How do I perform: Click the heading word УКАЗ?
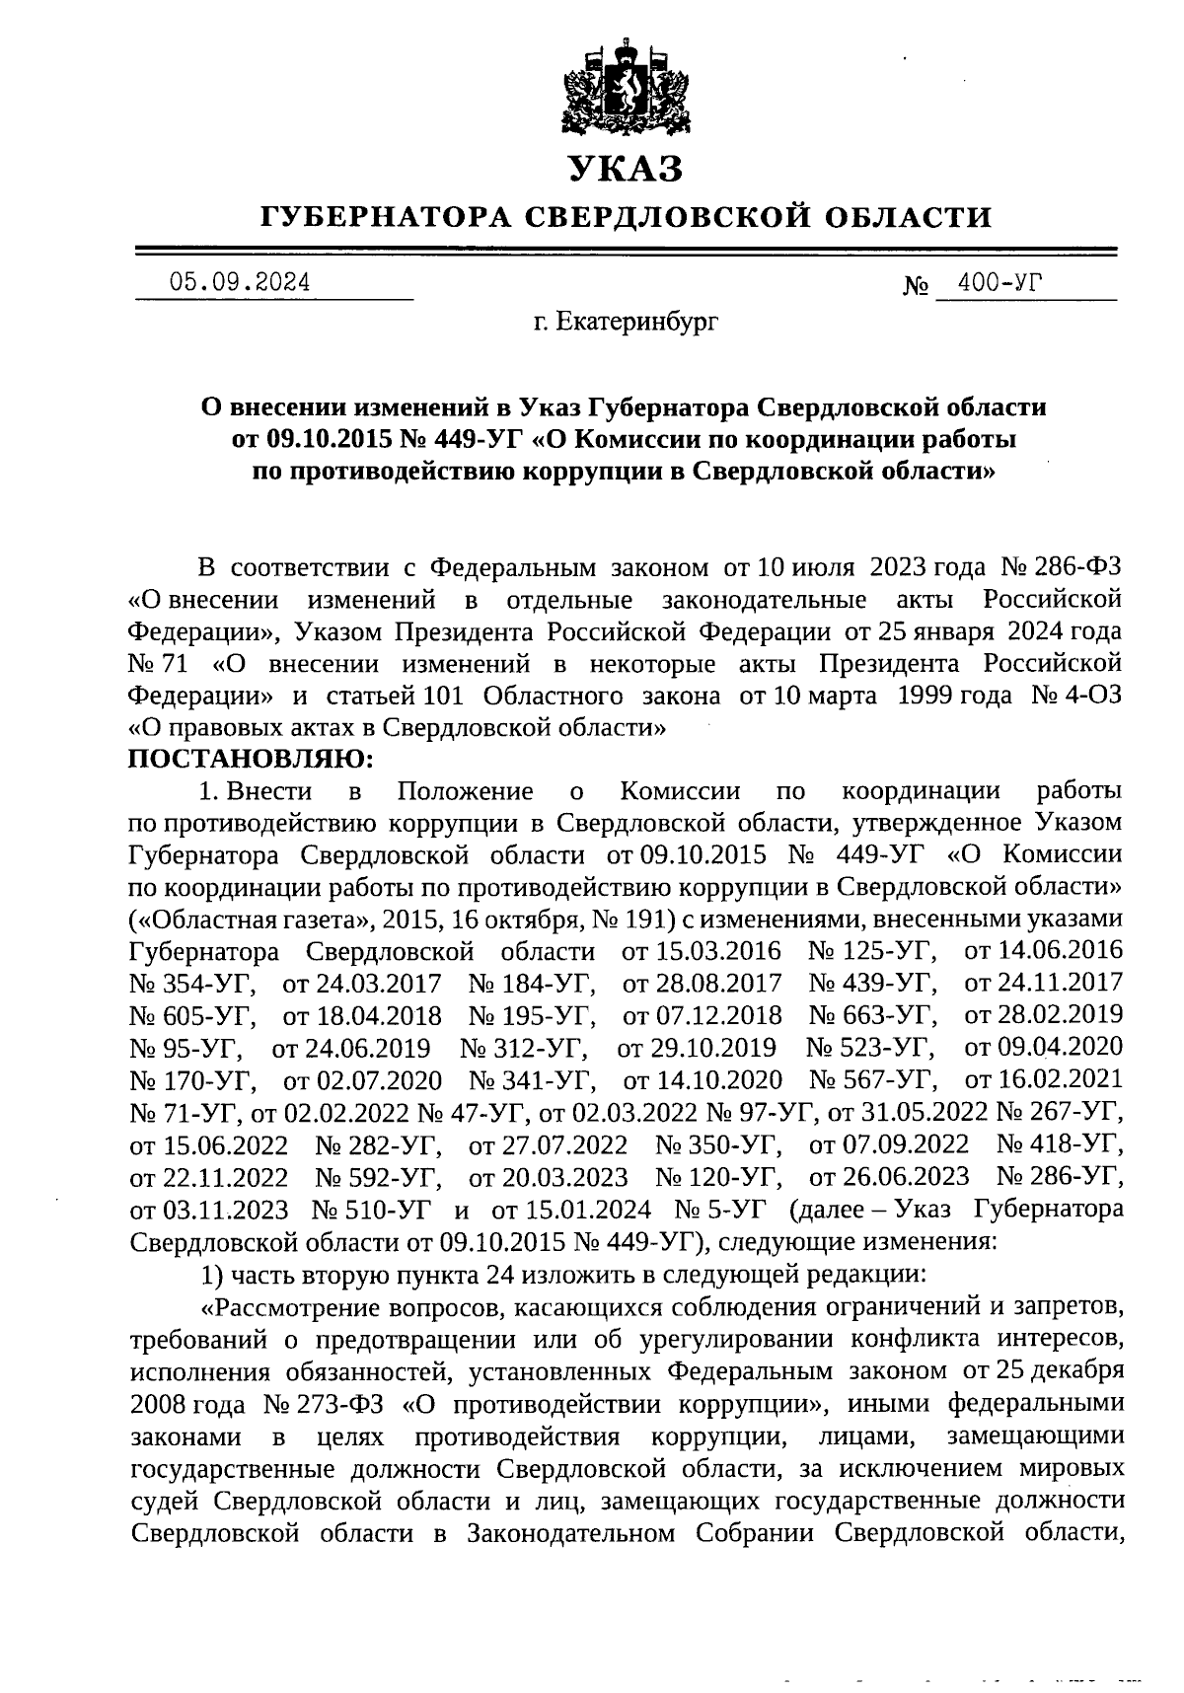click(626, 169)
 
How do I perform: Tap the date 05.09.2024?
click(240, 283)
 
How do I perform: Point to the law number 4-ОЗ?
click(1092, 697)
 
